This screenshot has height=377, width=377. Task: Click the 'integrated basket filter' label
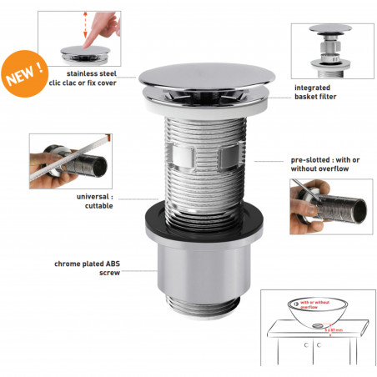tap(319, 92)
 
